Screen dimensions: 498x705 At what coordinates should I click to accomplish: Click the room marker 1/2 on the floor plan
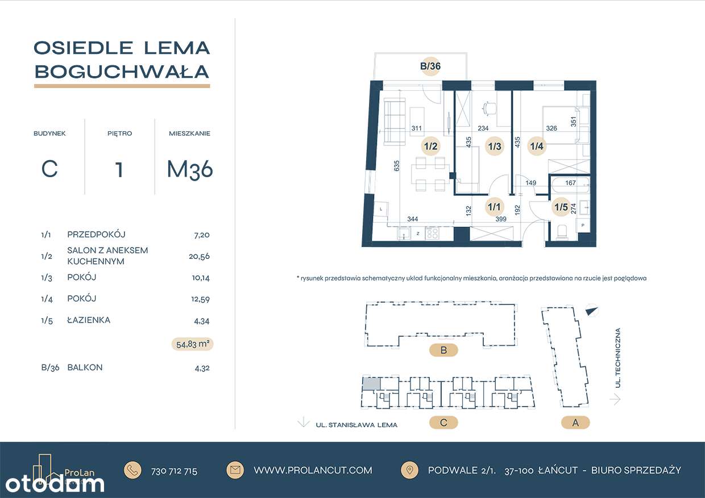coord(430,147)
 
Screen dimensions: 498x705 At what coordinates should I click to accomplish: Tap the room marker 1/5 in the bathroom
coord(561,207)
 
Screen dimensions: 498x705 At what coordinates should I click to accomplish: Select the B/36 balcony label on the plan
coord(430,66)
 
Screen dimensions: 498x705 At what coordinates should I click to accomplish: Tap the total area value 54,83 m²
coord(192,344)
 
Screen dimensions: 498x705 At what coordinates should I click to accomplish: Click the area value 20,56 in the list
coord(199,256)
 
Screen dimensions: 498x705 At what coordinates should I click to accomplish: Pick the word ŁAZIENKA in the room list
coord(89,320)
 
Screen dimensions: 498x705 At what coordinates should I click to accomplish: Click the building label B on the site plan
coord(443,350)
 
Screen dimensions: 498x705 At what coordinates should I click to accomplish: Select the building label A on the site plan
coord(575,422)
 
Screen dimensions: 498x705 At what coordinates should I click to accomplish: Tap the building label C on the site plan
coord(443,422)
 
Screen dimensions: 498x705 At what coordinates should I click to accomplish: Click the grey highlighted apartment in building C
coord(371,384)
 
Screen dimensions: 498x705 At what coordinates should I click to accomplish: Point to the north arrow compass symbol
coord(592,311)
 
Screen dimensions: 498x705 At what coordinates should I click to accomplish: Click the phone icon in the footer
coord(133,470)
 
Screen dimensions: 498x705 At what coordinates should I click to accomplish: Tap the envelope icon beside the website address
coord(235,470)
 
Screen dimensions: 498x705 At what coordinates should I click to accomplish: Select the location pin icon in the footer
coord(409,470)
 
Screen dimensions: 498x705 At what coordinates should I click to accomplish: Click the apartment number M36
coord(189,170)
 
